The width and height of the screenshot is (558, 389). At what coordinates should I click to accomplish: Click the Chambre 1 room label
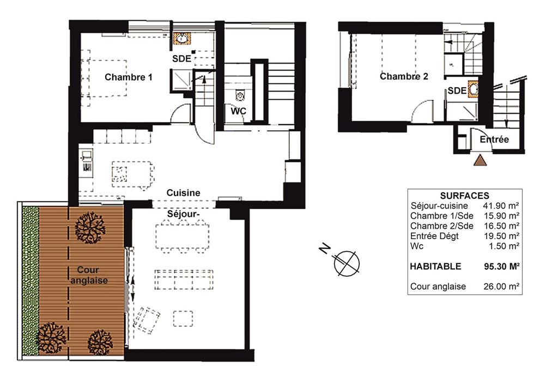(129, 77)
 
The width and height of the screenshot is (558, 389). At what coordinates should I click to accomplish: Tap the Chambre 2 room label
(404, 76)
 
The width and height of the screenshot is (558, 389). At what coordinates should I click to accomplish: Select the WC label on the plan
(239, 111)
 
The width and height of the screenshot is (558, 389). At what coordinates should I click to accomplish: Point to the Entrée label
(494, 139)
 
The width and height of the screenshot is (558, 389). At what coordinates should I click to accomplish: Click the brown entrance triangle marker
(480, 161)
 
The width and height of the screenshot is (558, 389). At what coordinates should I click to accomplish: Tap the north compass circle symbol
(347, 264)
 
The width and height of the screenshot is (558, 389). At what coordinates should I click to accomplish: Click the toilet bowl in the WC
(240, 95)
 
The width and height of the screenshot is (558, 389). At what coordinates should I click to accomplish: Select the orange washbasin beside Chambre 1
(182, 39)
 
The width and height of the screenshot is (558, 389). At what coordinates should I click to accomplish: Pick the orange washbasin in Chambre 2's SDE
(474, 89)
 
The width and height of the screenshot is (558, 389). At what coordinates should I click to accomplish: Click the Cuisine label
(183, 193)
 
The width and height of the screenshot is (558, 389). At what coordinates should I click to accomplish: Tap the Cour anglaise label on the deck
(89, 275)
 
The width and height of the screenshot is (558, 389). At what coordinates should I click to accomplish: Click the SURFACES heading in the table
(464, 196)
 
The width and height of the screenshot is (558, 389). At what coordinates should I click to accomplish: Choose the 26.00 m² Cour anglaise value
(501, 287)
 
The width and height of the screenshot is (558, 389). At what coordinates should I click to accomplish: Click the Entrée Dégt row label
(434, 236)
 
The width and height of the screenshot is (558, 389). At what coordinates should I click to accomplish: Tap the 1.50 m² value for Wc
(504, 246)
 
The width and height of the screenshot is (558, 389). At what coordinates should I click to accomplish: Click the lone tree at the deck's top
(90, 227)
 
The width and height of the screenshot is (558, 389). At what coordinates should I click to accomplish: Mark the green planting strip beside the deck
(31, 281)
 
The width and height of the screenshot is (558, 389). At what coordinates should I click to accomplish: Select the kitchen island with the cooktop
(132, 175)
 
